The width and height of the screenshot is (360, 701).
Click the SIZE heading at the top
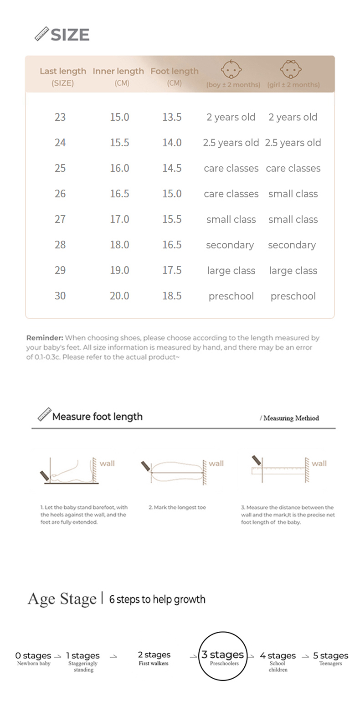69,35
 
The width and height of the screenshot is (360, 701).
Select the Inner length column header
118,71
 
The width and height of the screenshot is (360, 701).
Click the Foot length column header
175,71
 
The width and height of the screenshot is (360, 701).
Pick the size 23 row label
60,117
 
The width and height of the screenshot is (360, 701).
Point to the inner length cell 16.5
119,194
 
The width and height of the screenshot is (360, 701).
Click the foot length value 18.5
172,296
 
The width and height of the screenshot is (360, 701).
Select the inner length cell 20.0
119,296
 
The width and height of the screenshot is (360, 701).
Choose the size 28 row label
60,245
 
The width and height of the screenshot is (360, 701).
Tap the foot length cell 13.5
172,117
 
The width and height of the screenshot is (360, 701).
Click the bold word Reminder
44,338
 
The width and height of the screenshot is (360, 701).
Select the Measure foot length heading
97,417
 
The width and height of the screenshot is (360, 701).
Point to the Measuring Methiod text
291,418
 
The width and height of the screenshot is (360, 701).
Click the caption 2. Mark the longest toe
177,507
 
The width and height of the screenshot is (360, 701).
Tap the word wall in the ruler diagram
319,463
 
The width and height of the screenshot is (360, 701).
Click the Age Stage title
62,598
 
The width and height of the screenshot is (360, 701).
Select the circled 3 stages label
223,655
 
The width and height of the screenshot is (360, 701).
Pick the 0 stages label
33,656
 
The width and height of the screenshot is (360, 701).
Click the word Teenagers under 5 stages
330,664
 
